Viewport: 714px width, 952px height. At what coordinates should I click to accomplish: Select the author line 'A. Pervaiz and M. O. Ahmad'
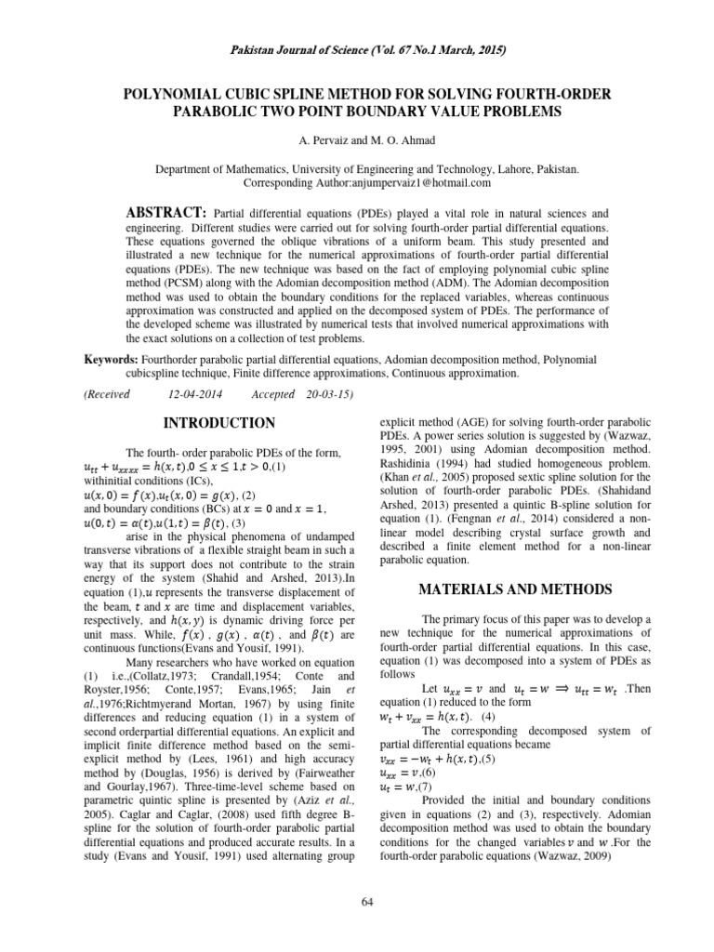357,139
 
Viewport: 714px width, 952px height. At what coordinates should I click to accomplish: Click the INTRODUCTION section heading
219,423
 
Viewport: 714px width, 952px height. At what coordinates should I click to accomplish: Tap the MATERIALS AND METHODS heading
517,588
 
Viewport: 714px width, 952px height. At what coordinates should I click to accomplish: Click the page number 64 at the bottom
356,901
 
